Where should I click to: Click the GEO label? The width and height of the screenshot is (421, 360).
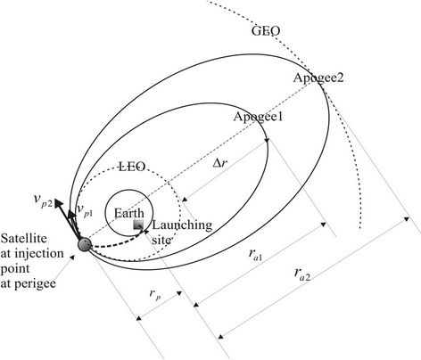point(266,31)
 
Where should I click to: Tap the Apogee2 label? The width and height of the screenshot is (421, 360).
point(318,78)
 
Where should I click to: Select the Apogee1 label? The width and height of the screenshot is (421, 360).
point(258,117)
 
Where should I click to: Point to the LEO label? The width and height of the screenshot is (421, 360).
point(132,167)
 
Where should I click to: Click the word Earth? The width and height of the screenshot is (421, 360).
point(129,213)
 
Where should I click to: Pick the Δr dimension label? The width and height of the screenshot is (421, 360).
point(220,162)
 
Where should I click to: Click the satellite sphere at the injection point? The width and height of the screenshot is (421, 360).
point(84,245)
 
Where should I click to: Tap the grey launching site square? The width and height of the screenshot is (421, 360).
point(138,225)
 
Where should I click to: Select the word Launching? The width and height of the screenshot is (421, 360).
point(182,225)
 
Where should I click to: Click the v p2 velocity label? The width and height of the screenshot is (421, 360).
point(44,200)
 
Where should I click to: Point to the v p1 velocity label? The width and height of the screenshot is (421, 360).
point(85,210)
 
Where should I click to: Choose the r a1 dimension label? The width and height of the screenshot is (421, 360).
point(255,255)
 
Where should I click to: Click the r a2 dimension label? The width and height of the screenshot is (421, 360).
point(302,274)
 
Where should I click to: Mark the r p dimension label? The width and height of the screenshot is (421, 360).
point(155,294)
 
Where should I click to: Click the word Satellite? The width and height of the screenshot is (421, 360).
point(24,238)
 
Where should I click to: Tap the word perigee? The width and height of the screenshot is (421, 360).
point(36,284)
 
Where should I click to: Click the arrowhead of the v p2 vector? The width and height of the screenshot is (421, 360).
point(59,204)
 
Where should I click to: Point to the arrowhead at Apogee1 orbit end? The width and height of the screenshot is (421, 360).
point(267,140)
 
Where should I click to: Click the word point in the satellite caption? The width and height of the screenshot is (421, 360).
point(15,269)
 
